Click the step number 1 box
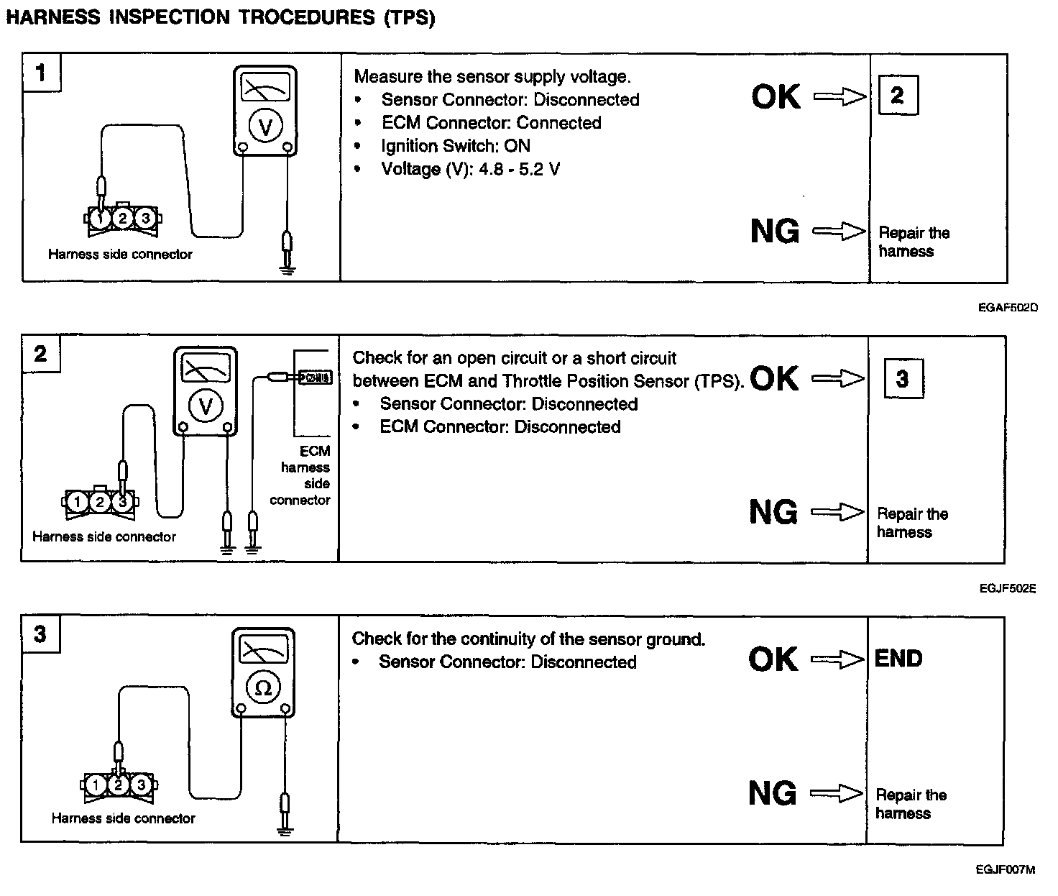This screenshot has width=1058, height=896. (x=41, y=73)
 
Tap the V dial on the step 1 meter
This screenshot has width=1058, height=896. (x=265, y=127)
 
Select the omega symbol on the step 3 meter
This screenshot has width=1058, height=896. (x=263, y=688)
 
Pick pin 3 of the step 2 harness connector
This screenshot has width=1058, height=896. (x=123, y=501)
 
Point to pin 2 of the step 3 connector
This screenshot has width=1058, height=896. (x=119, y=784)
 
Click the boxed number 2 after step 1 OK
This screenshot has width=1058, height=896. (x=898, y=96)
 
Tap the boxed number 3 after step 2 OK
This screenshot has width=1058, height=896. (x=902, y=378)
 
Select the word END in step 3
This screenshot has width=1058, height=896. (x=898, y=659)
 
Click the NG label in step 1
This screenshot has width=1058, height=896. (x=775, y=231)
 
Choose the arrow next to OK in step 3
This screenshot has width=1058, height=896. (x=837, y=659)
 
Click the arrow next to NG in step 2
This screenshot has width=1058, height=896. (x=837, y=512)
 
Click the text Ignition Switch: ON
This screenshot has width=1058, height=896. (x=456, y=146)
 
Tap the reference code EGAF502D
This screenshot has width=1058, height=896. (x=1008, y=308)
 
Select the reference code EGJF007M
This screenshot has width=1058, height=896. (x=1006, y=870)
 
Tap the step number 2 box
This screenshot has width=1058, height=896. (x=40, y=354)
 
